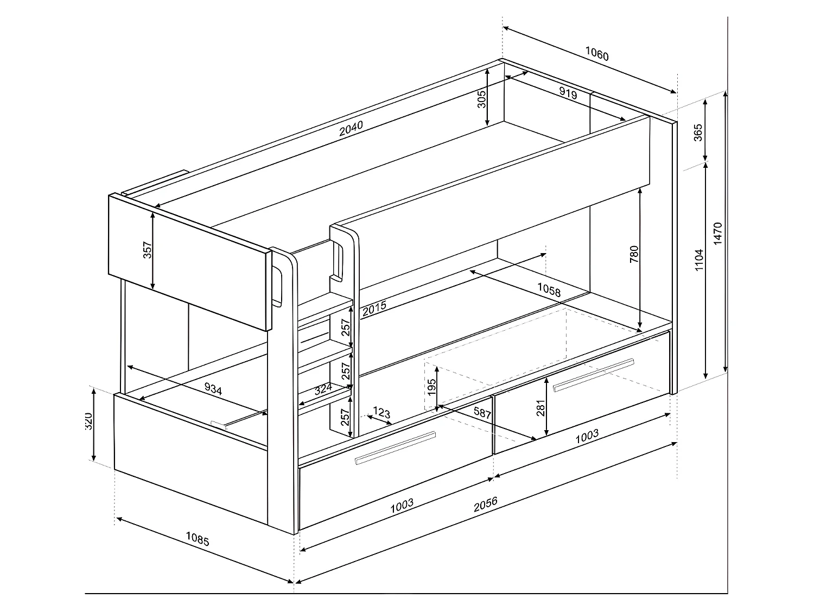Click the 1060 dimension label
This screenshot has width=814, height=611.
point(597,54)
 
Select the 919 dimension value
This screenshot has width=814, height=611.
point(568,93)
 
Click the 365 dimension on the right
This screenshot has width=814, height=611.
point(698,133)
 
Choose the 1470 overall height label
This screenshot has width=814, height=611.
point(718,234)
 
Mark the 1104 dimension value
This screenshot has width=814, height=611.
point(699,260)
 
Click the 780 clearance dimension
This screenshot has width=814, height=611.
point(634,255)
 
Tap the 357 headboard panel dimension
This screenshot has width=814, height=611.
point(147,249)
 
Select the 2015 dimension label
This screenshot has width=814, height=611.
point(374,308)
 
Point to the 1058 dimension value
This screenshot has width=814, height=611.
point(549,291)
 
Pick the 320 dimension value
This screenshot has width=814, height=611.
point(88,421)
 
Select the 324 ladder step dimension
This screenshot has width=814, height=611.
point(323,389)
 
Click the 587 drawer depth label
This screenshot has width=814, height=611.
point(482,413)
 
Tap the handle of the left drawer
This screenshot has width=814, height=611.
point(395,449)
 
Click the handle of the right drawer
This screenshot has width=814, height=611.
point(593,375)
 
